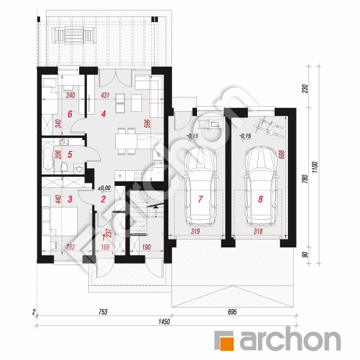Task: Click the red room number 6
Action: tap(70, 114)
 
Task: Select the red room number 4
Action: tap(103, 114)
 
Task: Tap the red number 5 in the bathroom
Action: tap(70, 154)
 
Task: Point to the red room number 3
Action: tap(70, 199)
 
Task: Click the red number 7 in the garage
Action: tap(200, 199)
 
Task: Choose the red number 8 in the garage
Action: tap(261, 199)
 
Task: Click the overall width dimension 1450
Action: tap(164, 321)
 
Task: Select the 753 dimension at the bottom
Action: tap(103, 312)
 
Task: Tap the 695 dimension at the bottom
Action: tap(232, 312)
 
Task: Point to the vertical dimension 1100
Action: tap(315, 167)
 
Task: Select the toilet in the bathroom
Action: tap(64, 168)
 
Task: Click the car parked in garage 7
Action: tap(200, 186)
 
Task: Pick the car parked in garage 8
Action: tap(261, 186)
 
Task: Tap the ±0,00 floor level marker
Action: tap(104, 189)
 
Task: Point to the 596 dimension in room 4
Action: tap(148, 123)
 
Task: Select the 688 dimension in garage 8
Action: tap(281, 154)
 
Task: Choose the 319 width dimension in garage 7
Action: tap(195, 232)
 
